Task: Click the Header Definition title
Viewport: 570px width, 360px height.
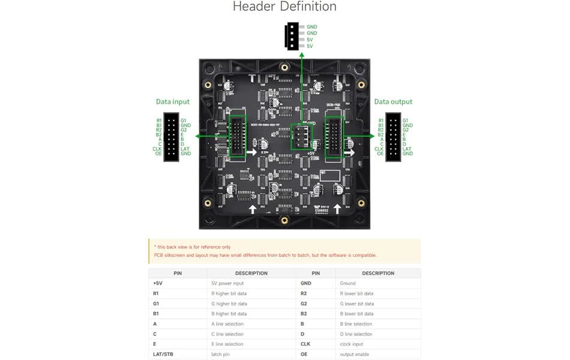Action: [x=284, y=7]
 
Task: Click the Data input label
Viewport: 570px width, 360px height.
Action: [x=173, y=102]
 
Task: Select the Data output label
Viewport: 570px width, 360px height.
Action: [x=393, y=102]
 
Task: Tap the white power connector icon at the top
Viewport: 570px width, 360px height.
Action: [x=292, y=36]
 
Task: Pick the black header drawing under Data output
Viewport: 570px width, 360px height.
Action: [x=394, y=137]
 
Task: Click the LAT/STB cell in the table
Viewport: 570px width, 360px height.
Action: [x=163, y=355]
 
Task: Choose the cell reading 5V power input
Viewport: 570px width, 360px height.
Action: [x=227, y=283]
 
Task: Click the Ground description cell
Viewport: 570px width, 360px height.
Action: [x=347, y=283]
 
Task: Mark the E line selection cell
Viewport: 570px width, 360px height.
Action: [x=227, y=344]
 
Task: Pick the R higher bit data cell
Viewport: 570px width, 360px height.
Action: [x=229, y=293]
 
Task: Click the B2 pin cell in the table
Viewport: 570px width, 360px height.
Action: [x=304, y=314]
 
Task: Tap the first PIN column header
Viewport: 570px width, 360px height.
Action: [x=178, y=273]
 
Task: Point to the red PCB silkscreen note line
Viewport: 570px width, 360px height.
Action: [x=265, y=255]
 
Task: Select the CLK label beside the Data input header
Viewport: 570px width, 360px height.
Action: [x=157, y=149]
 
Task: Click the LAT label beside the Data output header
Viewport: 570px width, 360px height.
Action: [x=407, y=149]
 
